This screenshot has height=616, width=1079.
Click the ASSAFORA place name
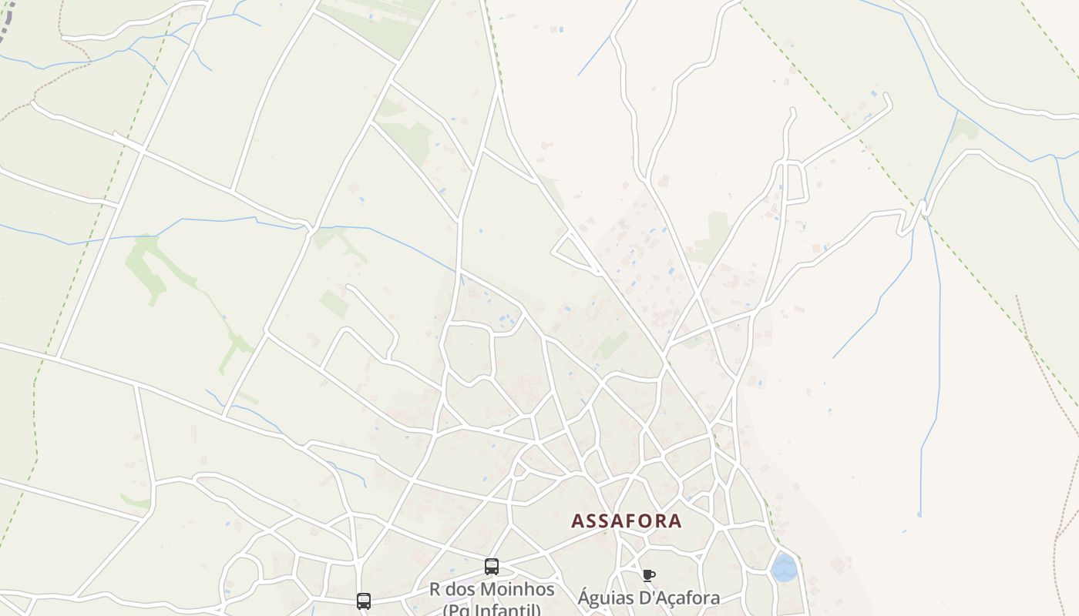click(x=626, y=521)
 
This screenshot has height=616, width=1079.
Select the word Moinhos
click(x=516, y=590)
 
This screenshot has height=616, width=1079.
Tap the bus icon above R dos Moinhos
click(x=492, y=567)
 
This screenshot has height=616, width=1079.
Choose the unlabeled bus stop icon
click(x=364, y=601)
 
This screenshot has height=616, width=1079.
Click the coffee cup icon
click(x=649, y=575)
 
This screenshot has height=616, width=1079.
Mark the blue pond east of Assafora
click(x=784, y=568)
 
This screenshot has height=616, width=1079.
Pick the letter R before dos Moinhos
click(x=435, y=590)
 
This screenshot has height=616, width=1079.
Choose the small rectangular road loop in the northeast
click(x=794, y=182)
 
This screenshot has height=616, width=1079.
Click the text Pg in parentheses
click(x=459, y=610)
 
